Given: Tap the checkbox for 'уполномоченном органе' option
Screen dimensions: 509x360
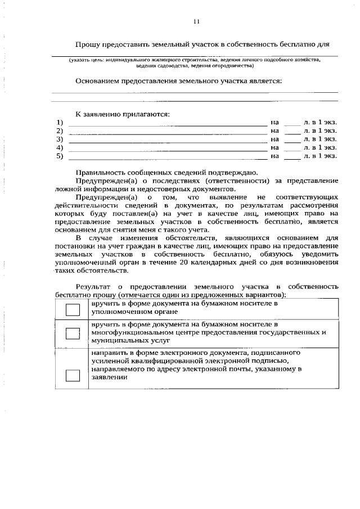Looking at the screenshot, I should coord(73,308).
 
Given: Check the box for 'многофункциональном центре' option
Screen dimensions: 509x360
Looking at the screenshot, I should coord(73,333).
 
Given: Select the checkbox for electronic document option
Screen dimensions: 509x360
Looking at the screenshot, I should coord(73,375).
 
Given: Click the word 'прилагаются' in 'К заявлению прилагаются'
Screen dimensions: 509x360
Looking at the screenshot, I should coord(144,114).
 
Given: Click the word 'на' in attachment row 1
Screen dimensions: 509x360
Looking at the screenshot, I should coord(274,122).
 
